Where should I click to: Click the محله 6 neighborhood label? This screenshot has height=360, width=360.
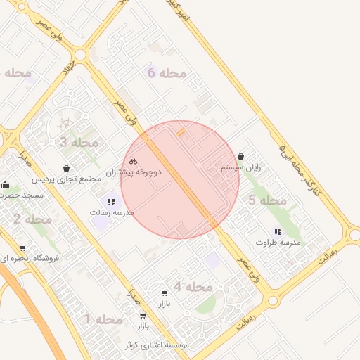(167, 72)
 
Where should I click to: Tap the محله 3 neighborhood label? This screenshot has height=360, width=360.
(79, 142)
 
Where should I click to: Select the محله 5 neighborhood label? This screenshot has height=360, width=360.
(267, 200)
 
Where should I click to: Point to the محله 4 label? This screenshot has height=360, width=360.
(193, 286)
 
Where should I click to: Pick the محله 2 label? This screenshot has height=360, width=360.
(32, 219)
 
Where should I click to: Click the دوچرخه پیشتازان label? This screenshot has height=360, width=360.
(134, 172)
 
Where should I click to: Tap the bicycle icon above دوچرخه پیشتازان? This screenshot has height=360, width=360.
(134, 161)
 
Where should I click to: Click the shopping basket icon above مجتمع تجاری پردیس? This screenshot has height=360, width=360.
(66, 168)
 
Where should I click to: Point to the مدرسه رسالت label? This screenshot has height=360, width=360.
(112, 212)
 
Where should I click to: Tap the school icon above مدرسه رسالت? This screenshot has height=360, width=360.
(112, 201)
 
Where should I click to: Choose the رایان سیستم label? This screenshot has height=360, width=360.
(241, 167)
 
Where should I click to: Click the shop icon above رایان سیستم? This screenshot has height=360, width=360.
(241, 156)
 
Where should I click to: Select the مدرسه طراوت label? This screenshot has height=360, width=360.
(278, 242)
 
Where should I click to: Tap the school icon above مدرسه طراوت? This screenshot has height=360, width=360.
(278, 231)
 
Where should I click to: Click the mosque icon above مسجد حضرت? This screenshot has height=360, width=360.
(5, 185)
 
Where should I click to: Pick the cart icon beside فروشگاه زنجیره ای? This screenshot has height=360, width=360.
(22, 247)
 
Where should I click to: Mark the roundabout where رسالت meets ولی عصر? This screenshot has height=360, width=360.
(272, 300)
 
